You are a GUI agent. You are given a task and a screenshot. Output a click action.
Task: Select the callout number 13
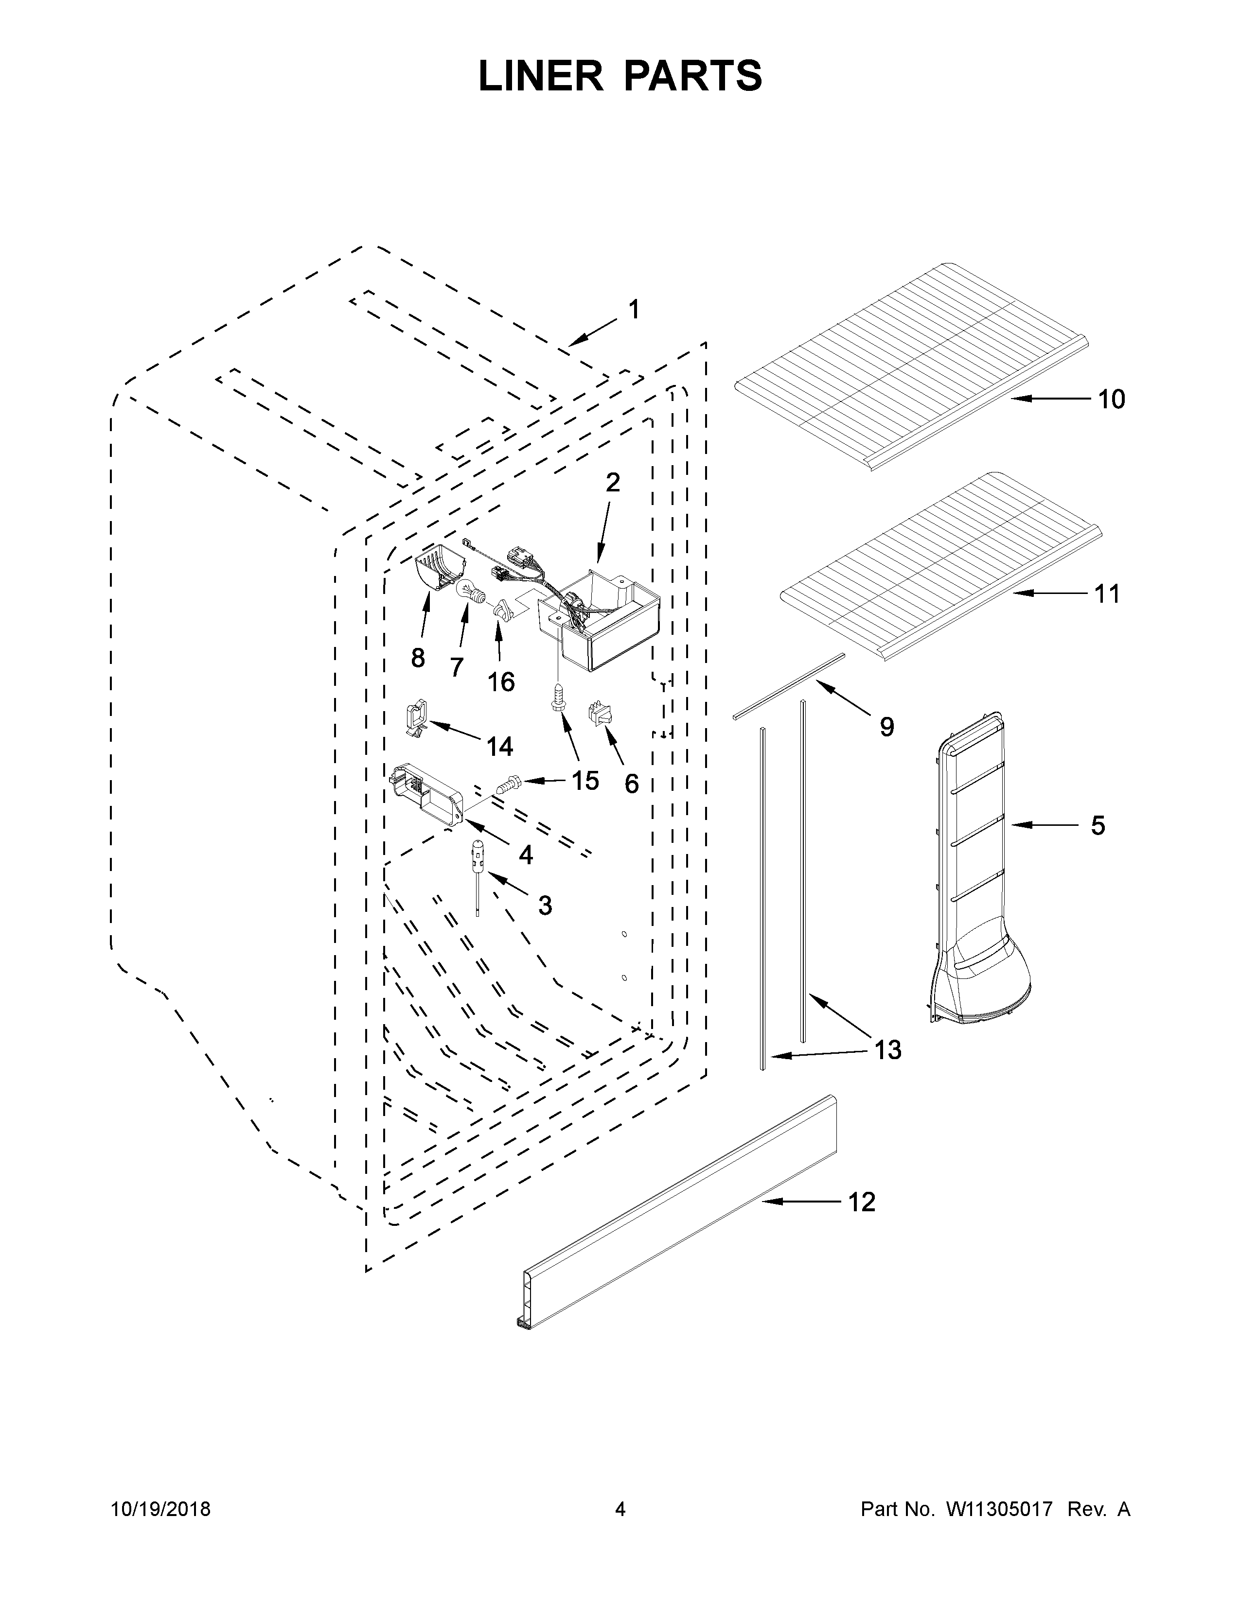tap(887, 1049)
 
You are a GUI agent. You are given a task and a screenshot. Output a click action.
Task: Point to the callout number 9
tap(886, 727)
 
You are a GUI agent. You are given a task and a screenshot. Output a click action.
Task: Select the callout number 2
tap(612, 483)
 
